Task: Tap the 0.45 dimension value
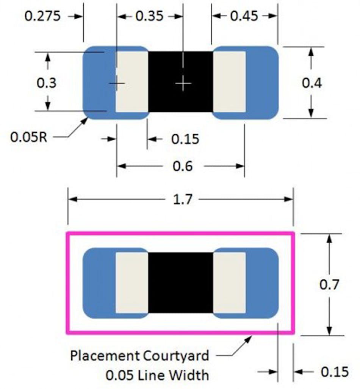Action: [x=244, y=16]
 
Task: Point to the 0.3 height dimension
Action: [x=47, y=83]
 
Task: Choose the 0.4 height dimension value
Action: [x=312, y=83]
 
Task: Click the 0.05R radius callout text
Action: [x=28, y=137]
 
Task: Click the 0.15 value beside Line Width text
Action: [x=334, y=372]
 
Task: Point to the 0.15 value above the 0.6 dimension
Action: [x=185, y=139]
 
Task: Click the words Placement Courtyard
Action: [x=139, y=356]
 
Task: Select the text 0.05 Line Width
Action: [x=157, y=375]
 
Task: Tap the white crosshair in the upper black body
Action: [x=183, y=83]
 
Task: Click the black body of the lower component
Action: [x=180, y=283]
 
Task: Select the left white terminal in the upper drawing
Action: [x=131, y=82]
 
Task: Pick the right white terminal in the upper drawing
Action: [x=229, y=82]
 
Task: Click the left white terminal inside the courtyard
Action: [x=131, y=283]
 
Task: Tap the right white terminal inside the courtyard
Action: [x=229, y=283]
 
